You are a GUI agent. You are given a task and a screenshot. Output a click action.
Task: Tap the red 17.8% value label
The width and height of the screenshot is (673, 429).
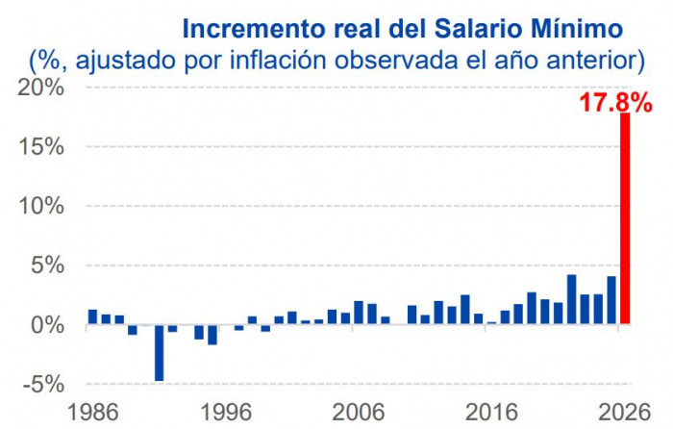point(615,102)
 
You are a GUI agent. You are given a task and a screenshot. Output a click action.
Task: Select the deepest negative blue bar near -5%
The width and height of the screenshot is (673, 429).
point(160,353)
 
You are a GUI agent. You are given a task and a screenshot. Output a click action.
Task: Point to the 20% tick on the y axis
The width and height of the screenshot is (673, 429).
point(41,88)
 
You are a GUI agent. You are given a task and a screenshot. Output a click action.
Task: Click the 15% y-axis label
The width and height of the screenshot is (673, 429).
point(41,147)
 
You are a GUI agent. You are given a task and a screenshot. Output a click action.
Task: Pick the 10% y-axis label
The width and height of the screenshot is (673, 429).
point(41,207)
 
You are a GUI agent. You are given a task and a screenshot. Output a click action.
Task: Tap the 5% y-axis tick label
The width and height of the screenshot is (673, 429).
point(48,265)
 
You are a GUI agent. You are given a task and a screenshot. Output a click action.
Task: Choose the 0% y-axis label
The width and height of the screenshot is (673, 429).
point(48,325)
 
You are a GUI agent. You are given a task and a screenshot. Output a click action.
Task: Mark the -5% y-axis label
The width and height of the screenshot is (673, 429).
point(43,385)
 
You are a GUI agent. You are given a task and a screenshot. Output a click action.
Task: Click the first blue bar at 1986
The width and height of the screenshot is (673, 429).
point(93,316)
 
